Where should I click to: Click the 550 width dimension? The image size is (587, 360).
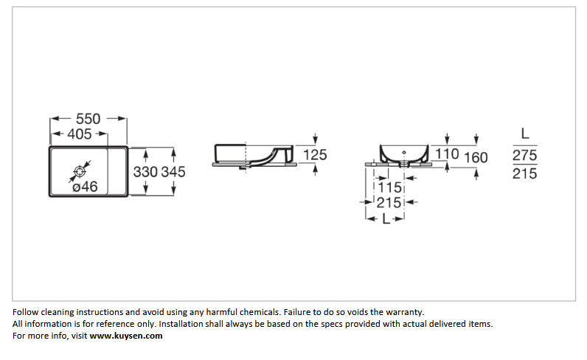88,119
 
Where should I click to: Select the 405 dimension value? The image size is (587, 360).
80,134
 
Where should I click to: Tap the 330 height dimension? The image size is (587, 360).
145,172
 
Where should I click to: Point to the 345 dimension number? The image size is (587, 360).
173,172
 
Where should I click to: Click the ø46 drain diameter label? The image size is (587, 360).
85,186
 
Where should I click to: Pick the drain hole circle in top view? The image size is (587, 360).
80,172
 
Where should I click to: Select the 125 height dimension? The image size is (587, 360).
315,155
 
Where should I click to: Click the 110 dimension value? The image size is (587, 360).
447,153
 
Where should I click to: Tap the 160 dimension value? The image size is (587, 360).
476,158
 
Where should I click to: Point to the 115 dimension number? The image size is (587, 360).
389,187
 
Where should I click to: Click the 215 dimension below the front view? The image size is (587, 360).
389,203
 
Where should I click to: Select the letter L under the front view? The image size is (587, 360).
386,219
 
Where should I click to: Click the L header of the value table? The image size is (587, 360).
525,134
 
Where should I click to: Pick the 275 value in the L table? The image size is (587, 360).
525,155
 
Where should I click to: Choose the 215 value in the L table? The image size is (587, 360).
525,173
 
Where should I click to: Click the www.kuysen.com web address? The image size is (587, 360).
126,336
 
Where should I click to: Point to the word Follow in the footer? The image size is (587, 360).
26,312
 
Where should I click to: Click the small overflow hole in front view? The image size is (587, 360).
404,153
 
